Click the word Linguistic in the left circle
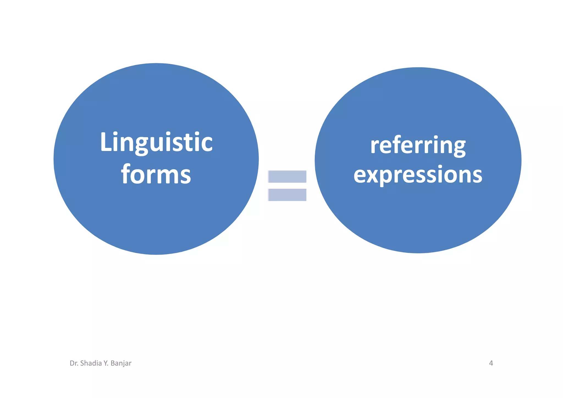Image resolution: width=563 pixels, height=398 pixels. pyautogui.click(x=156, y=142)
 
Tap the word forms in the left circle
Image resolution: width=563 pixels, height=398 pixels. pyautogui.click(x=156, y=174)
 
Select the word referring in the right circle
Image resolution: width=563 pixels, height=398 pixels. pyautogui.click(x=418, y=146)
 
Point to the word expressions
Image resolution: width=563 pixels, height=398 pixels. pyautogui.click(x=418, y=175)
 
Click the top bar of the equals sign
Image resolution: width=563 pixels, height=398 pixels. pyautogui.click(x=287, y=177)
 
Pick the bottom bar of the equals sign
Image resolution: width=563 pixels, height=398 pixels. pyautogui.click(x=287, y=195)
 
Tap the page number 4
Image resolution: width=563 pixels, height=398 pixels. pyautogui.click(x=491, y=363)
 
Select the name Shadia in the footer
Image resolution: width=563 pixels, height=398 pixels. pyautogui.click(x=91, y=363)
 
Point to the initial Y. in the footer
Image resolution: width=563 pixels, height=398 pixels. pyautogui.click(x=106, y=363)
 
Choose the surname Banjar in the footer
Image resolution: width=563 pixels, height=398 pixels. pyautogui.click(x=121, y=363)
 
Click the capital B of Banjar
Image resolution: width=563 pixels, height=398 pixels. pyautogui.click(x=113, y=363)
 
